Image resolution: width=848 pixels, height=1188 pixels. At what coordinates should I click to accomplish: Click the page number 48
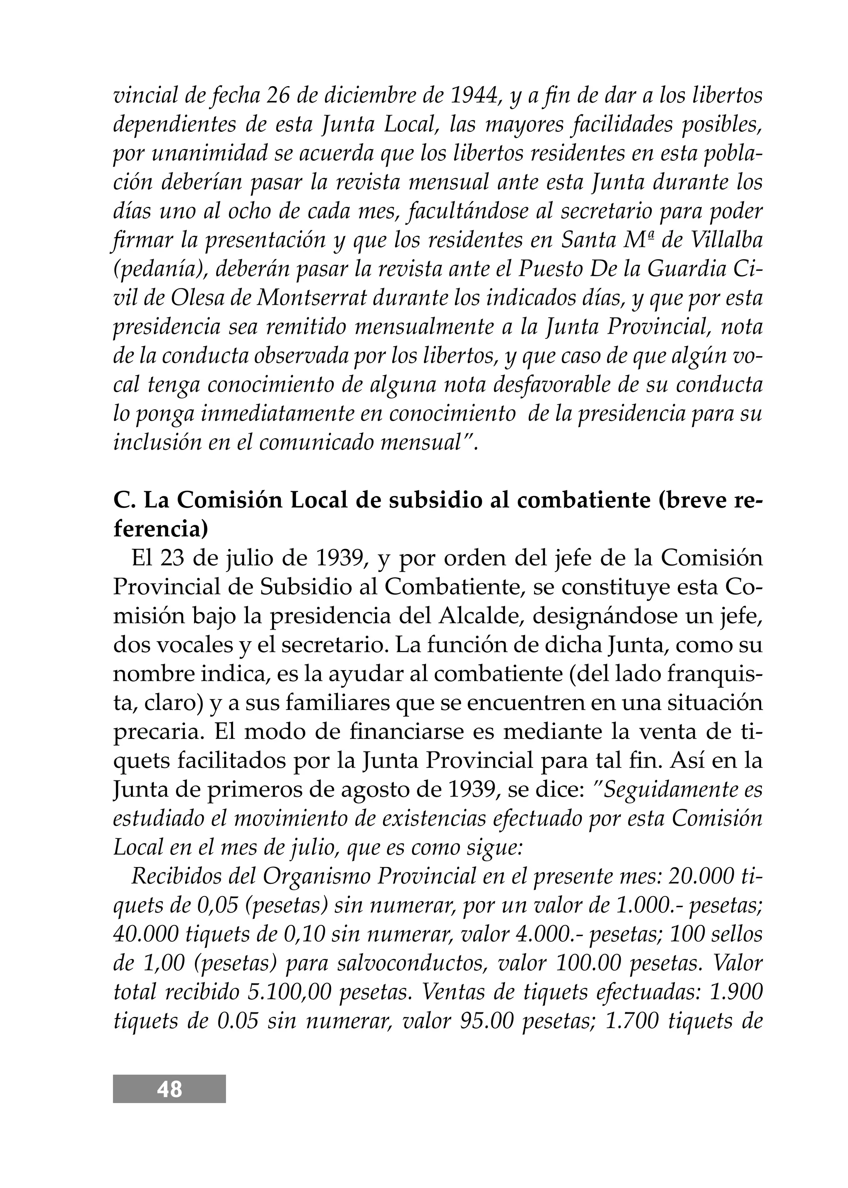[169, 1090]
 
